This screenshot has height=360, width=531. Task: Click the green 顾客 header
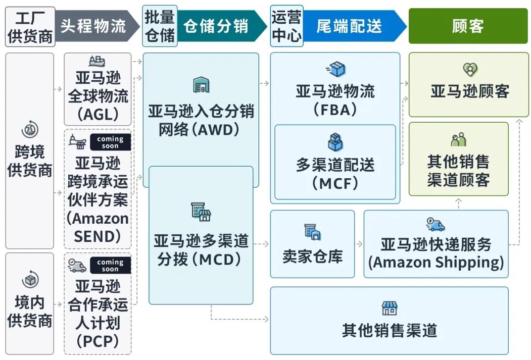click(x=468, y=26)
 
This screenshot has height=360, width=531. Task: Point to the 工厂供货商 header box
click(x=30, y=26)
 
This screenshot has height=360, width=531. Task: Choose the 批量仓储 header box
click(x=160, y=26)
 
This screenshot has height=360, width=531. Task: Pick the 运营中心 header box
click(x=286, y=26)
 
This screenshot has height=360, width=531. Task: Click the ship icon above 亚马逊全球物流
click(x=97, y=62)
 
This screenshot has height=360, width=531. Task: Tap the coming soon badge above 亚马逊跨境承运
click(x=110, y=142)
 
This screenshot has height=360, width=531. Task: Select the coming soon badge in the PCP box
click(x=110, y=265)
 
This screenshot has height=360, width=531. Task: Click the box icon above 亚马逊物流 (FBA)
click(x=335, y=70)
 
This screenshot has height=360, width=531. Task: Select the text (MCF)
click(x=335, y=183)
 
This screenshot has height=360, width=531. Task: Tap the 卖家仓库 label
click(x=312, y=256)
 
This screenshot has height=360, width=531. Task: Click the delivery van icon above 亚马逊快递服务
click(x=436, y=224)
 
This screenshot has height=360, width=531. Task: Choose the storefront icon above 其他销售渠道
click(x=389, y=307)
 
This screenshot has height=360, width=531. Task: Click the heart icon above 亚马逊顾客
click(x=470, y=70)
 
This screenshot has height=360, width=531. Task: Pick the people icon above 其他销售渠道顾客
click(x=458, y=140)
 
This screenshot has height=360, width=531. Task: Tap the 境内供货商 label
click(x=30, y=312)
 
